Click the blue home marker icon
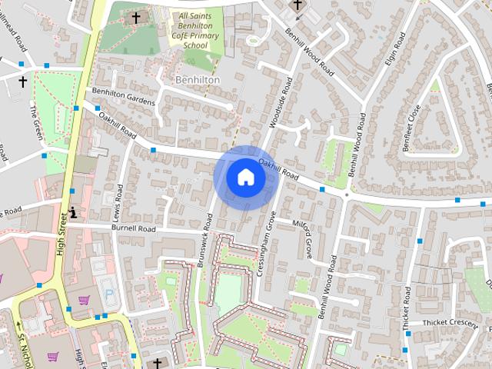click(x=245, y=177)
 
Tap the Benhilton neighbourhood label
click(x=197, y=80)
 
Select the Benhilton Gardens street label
click(x=123, y=96)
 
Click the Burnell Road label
click(x=133, y=228)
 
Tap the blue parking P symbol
click(x=108, y=294)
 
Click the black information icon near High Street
click(x=73, y=212)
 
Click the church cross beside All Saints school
click(x=136, y=17)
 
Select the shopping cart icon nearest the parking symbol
click(x=84, y=301)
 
